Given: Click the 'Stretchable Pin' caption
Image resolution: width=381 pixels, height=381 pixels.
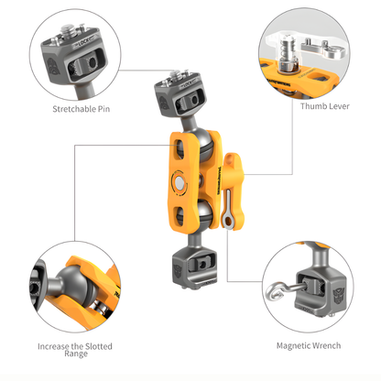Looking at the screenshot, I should (x=77, y=109).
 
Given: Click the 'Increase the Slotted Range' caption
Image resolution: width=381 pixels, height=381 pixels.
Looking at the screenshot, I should (x=76, y=352).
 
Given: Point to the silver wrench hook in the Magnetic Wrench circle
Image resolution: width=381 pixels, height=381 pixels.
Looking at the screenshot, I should (x=275, y=295).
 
